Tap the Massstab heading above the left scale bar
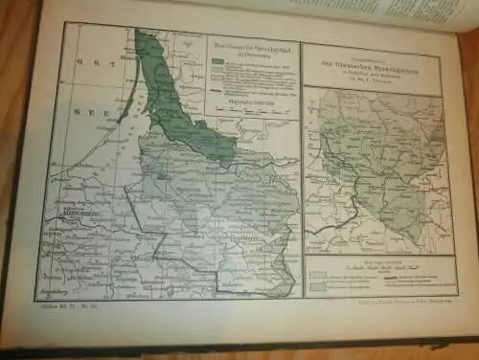pyautogui.click(x=252, y=99)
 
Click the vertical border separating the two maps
pyautogui.click(x=302, y=172)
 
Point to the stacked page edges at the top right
pyautogui.click(x=422, y=13)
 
